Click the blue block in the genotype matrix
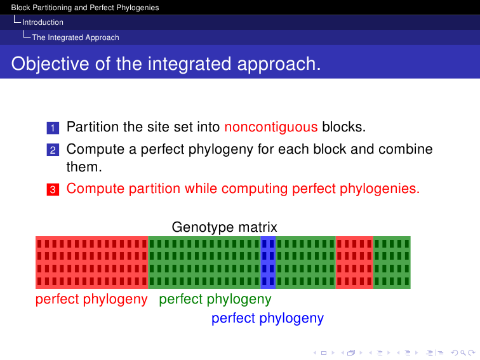click(268, 262)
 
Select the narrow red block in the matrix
click(354, 262)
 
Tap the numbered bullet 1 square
click(53, 128)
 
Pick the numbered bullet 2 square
click(53, 150)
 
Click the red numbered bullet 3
click(53, 189)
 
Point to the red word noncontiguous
click(271, 127)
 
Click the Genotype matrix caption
click(224, 227)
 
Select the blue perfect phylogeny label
click(267, 318)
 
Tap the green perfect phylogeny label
click(215, 299)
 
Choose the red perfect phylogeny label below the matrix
click(91, 299)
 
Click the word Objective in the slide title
click(51, 64)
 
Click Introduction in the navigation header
click(43, 22)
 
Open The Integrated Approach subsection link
click(76, 37)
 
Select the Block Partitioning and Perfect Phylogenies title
click(85, 8)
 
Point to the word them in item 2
click(84, 167)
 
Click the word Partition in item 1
click(93, 127)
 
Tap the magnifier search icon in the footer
click(463, 353)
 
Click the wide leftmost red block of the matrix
click(92, 262)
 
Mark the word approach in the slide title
click(279, 64)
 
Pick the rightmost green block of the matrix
click(392, 262)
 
